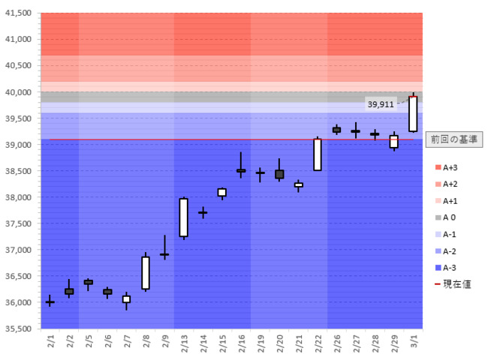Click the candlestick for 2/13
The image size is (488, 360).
(183, 217)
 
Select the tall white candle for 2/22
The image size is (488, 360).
(318, 154)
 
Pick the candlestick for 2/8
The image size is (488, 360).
(146, 272)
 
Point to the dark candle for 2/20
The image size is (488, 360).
(279, 174)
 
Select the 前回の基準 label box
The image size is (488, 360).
(453, 139)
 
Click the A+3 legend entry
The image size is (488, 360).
(450, 168)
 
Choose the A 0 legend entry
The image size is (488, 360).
(450, 217)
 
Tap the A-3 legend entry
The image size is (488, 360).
(450, 267)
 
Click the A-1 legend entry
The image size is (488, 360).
(450, 234)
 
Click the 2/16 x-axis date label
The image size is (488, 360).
(241, 343)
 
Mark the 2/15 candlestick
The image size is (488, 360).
(221, 193)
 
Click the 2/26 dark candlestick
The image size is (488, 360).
(336, 130)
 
